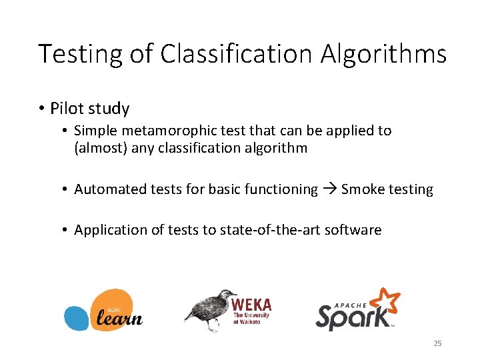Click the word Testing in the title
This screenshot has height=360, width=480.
[x=80, y=53]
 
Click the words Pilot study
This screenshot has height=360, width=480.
[x=89, y=109]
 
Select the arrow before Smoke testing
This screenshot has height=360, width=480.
[x=329, y=189]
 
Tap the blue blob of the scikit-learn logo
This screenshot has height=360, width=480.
[x=77, y=317]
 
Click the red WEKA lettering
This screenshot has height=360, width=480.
[x=251, y=304]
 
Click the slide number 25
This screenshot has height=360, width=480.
[x=437, y=343]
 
